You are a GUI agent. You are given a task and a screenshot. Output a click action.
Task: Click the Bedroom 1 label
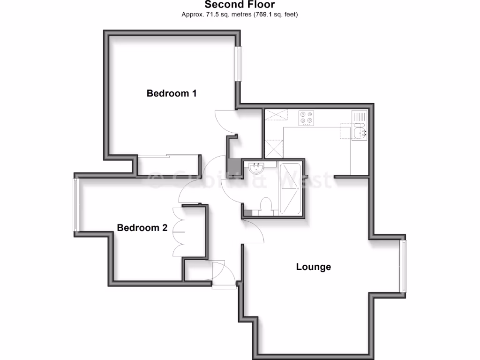click(x=171, y=93)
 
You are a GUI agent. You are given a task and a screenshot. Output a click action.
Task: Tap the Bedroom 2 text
click(x=142, y=228)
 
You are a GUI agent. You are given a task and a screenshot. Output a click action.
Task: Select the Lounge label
click(x=313, y=267)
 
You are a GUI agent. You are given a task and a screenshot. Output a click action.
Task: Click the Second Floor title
click(x=240, y=5)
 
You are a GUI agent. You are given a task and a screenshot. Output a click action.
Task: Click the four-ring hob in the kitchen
click(x=307, y=117)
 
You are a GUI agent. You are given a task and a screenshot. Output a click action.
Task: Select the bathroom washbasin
click(x=256, y=167)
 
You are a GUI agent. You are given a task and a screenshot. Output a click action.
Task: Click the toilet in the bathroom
click(x=266, y=205)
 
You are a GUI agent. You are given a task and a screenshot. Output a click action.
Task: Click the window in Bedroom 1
click(x=239, y=63)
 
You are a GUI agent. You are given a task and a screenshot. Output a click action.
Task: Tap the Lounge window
click(x=403, y=266)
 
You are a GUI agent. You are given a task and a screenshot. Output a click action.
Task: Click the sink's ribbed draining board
click(x=359, y=116)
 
